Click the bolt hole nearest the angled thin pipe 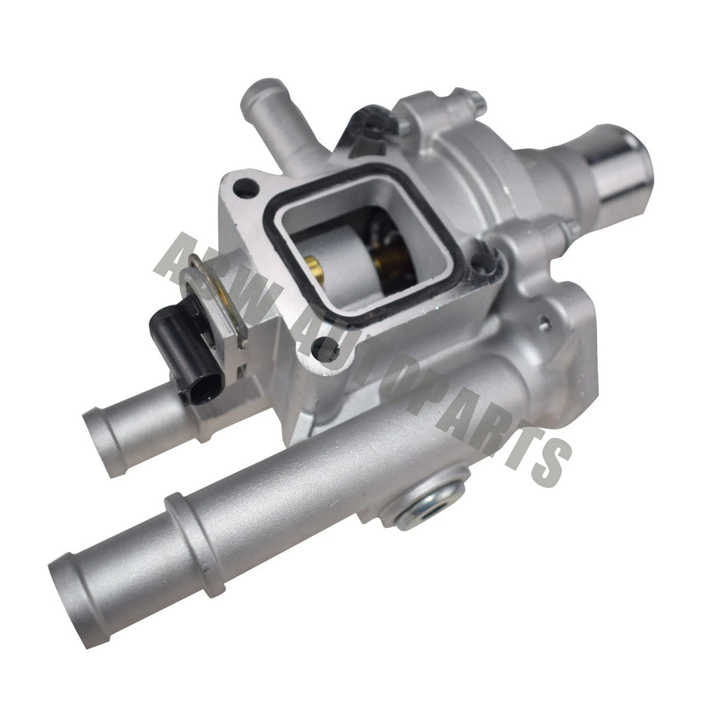pos(244,184)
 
